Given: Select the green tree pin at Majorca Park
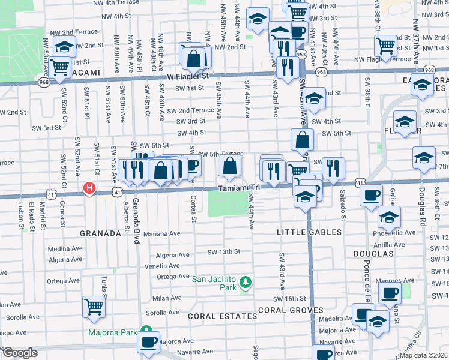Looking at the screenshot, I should click(146, 331).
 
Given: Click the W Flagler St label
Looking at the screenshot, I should click(187, 77).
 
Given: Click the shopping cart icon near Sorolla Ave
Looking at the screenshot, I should click(94, 307).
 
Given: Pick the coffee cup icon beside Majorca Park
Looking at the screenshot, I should click(148, 342).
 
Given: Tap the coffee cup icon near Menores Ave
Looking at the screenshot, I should click(390, 293).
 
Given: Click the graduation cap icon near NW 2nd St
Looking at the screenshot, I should click(64, 46).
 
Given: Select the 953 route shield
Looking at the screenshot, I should click(301, 54).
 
